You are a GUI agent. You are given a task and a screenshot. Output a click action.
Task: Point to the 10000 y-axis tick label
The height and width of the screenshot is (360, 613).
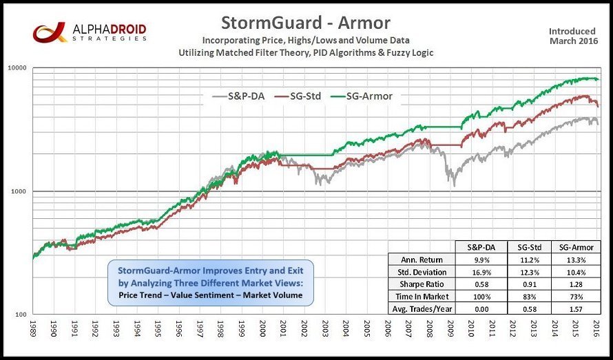coord(15,67)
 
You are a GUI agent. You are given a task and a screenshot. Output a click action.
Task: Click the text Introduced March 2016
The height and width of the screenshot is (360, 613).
coord(573,36)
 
